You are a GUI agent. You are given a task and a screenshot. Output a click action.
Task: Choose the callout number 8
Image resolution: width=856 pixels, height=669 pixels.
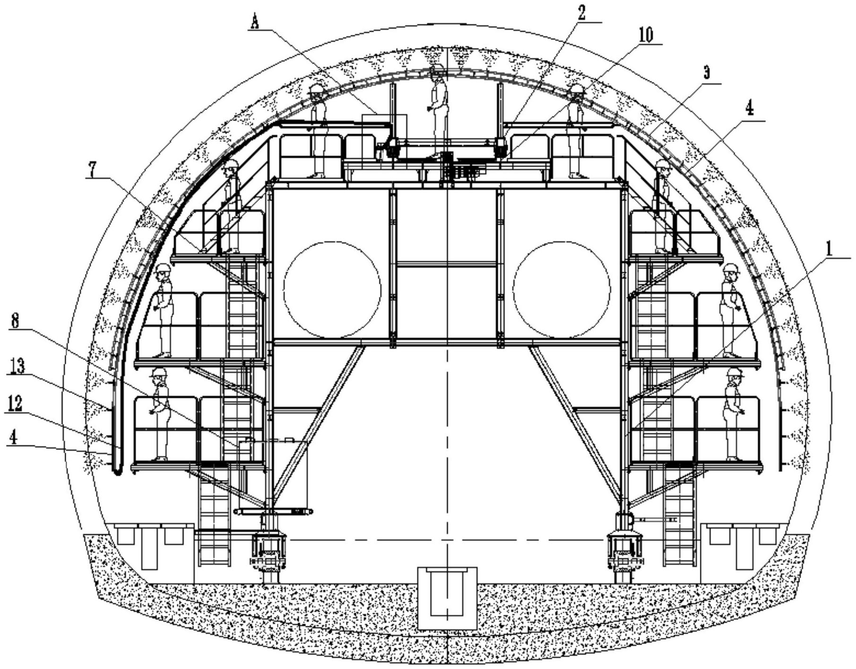pos(15,322)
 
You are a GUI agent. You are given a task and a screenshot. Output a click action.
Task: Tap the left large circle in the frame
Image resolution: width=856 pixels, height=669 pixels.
pos(332,290)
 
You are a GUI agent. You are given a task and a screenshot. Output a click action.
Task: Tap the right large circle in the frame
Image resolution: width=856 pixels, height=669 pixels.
pos(562,290)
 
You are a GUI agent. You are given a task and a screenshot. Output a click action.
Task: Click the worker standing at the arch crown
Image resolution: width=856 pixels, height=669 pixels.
pos(439,111)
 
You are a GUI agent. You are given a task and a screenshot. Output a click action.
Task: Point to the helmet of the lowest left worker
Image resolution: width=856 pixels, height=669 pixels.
pos(159,373)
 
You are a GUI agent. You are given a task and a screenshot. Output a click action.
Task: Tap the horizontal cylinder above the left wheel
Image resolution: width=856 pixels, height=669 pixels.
pos(274,512)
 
